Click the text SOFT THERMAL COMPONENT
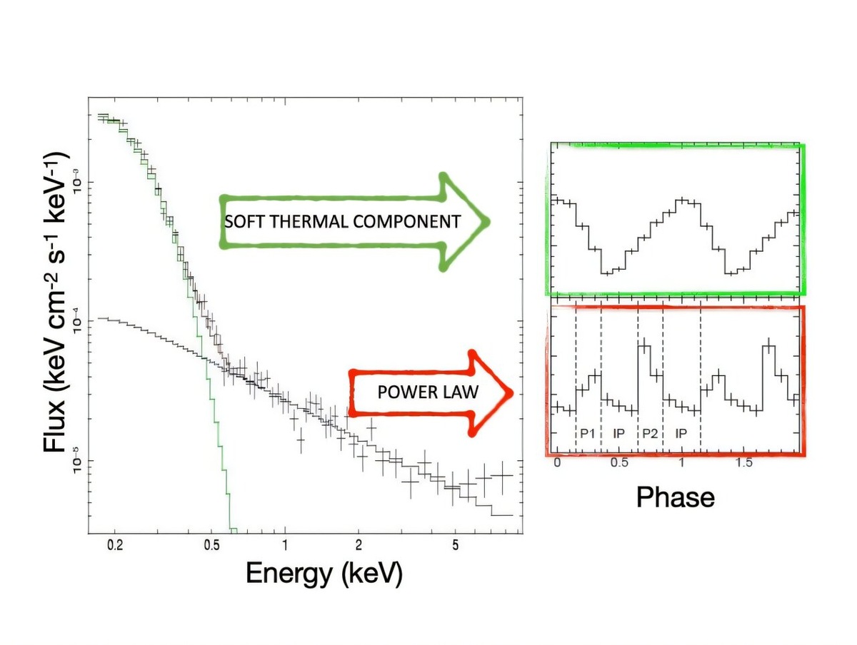(x=342, y=222)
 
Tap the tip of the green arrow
(x=488, y=221)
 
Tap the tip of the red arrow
(x=512, y=392)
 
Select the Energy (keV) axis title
(x=324, y=573)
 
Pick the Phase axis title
(x=675, y=497)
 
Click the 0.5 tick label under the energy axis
(x=211, y=546)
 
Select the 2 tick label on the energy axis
(x=358, y=546)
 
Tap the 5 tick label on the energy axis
(x=455, y=546)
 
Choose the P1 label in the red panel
(x=588, y=433)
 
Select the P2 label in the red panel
(x=650, y=433)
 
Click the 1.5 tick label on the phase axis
(x=744, y=463)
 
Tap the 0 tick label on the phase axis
(x=557, y=463)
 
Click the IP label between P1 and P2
(x=619, y=433)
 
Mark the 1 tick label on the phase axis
(x=681, y=463)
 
